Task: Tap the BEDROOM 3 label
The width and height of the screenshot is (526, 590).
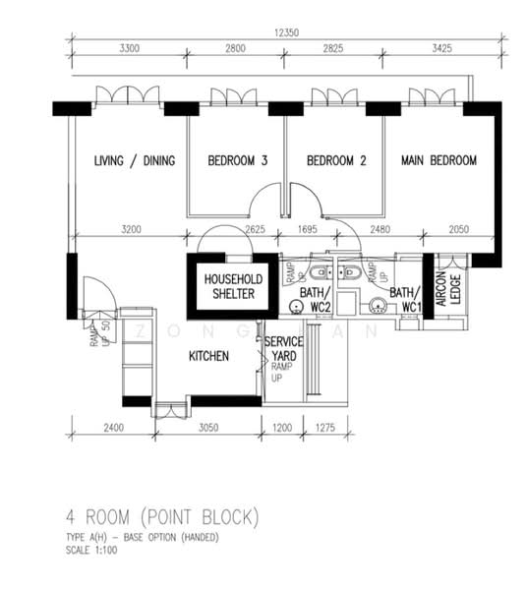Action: coord(237,161)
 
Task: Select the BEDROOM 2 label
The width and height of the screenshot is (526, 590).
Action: coord(335,161)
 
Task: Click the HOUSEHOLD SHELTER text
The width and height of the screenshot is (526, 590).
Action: coord(229,286)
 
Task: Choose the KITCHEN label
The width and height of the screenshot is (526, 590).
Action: coord(209,356)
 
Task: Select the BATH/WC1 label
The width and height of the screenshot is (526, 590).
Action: coord(406,300)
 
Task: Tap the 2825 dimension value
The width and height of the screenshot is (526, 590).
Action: coord(334,46)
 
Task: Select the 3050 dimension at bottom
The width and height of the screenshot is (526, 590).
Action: coord(208,428)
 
